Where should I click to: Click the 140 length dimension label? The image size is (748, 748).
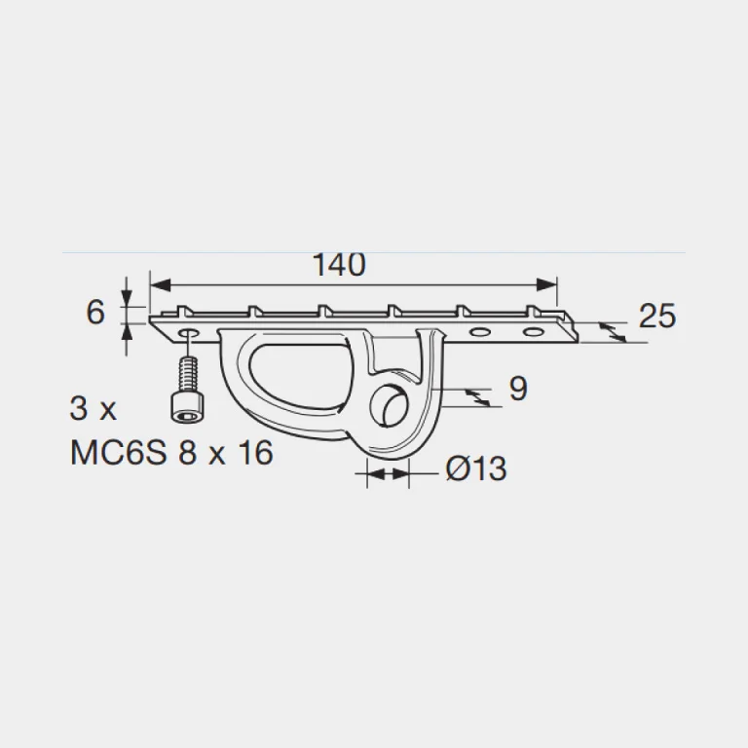pyautogui.click(x=339, y=264)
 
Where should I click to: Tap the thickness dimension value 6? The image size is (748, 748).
pyautogui.click(x=95, y=313)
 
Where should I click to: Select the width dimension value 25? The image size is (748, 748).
pyautogui.click(x=656, y=316)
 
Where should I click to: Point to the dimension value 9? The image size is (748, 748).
pyautogui.click(x=518, y=389)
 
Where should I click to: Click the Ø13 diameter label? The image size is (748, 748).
pyautogui.click(x=475, y=468)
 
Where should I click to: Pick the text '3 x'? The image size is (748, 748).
pyautogui.click(x=93, y=409)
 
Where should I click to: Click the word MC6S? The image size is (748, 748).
pyautogui.click(x=119, y=452)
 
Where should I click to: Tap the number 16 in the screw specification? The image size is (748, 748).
pyautogui.click(x=256, y=452)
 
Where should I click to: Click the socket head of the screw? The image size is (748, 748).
pyautogui.click(x=189, y=407)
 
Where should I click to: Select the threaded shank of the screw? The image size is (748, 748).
pyautogui.click(x=189, y=375)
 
